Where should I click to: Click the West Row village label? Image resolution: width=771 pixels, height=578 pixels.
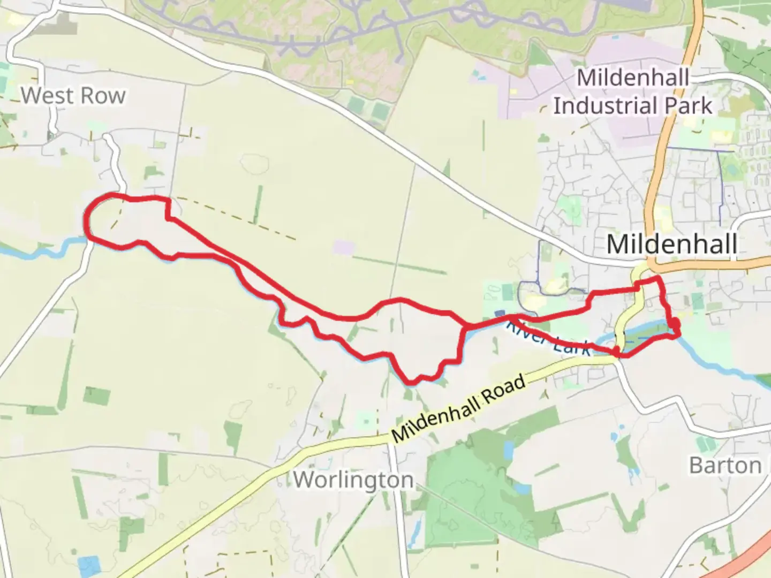tap(73, 96)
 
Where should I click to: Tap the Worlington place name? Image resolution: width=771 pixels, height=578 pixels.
tap(353, 480)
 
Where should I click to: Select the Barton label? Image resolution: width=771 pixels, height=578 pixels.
tap(725, 465)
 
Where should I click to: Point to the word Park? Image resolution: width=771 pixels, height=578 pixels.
tap(689, 105)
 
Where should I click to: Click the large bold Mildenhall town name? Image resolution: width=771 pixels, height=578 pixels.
tap(672, 244)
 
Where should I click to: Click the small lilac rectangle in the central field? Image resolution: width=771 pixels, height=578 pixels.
tap(343, 247)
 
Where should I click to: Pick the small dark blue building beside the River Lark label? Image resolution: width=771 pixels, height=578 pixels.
tap(500, 314)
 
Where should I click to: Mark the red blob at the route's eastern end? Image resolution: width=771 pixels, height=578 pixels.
tap(675, 324)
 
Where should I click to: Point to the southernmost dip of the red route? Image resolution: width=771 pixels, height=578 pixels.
tap(411, 382)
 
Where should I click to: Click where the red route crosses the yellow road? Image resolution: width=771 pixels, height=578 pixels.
tap(619, 352)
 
